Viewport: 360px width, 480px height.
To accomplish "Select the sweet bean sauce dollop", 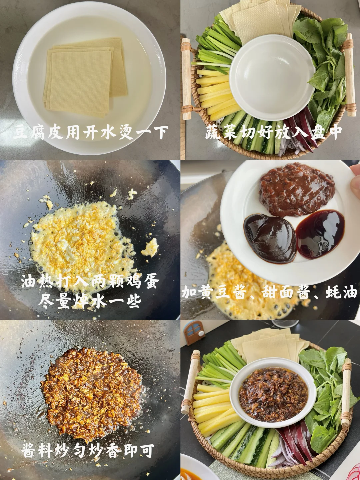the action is [x=270, y=238].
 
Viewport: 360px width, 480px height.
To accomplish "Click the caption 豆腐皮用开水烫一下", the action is [x=90, y=133].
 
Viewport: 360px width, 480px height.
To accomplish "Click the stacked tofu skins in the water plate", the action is [x=85, y=77].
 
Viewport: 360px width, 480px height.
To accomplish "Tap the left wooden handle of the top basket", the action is [x=186, y=79].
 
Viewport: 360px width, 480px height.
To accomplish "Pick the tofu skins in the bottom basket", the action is [x=270, y=344].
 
